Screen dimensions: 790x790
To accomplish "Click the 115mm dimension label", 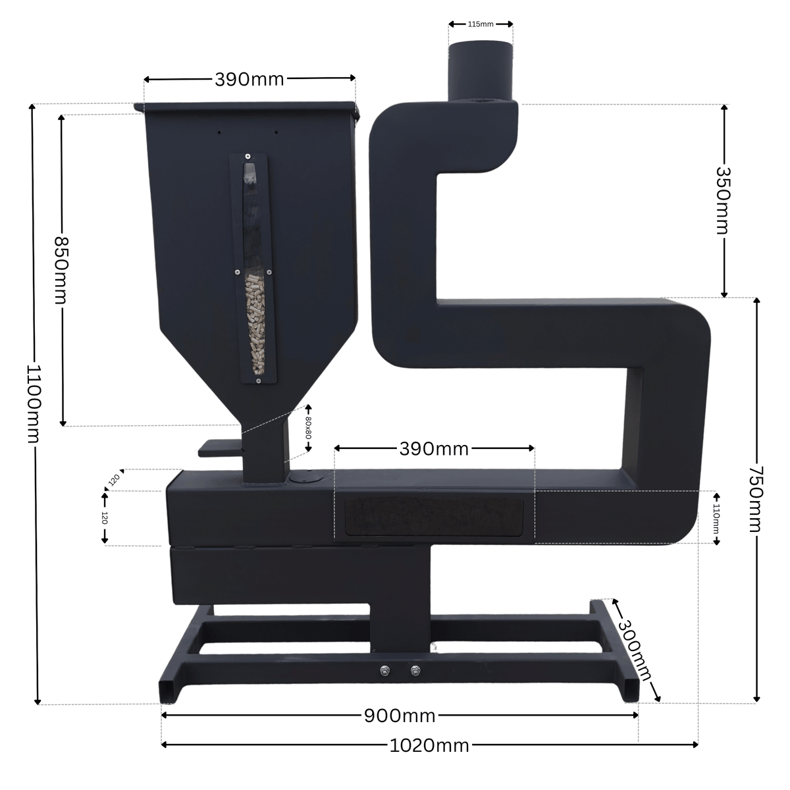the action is pyautogui.click(x=481, y=24).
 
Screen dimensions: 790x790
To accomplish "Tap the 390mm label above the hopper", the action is pyautogui.click(x=250, y=80).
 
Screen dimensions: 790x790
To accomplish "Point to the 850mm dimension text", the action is pyautogui.click(x=61, y=270).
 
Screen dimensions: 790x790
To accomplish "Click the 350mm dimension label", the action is pyautogui.click(x=724, y=201).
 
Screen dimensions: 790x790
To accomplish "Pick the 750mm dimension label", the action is pyautogui.click(x=757, y=499).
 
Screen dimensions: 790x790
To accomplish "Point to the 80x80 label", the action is pyautogui.click(x=309, y=428).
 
